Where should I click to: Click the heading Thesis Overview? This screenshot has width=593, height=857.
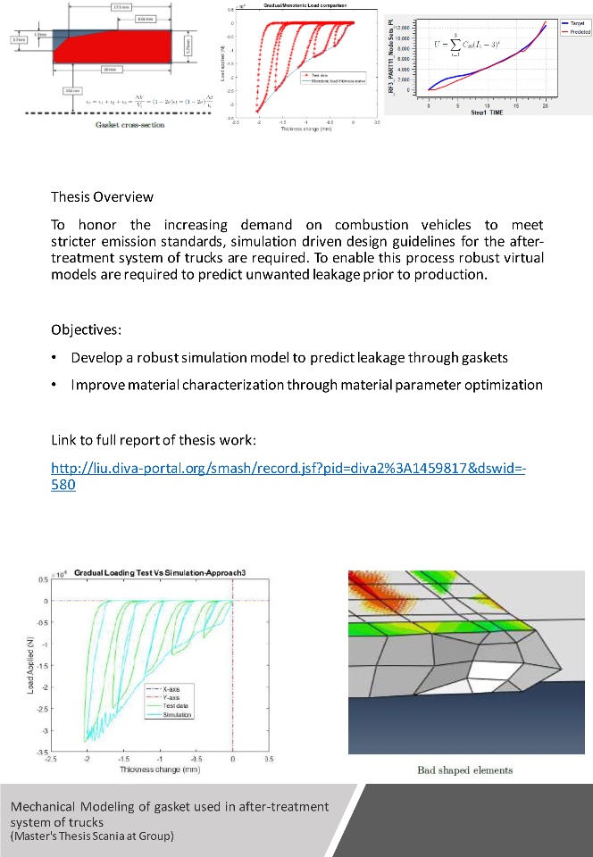pyautogui.click(x=102, y=196)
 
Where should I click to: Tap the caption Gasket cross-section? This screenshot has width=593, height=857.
pyautogui.click(x=129, y=124)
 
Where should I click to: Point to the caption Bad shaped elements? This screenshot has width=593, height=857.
pyautogui.click(x=464, y=770)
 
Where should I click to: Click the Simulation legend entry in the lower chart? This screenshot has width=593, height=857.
pyautogui.click(x=180, y=715)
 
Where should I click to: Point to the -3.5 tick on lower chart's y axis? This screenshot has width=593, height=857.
pyautogui.click(x=42, y=753)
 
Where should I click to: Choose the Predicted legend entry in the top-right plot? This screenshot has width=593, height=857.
pyautogui.click(x=574, y=31)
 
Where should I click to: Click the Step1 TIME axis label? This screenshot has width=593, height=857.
pyautogui.click(x=486, y=113)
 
